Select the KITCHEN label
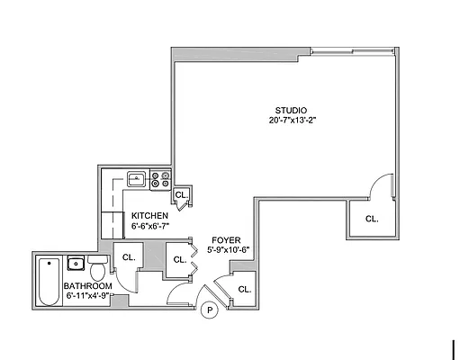coord(149,216)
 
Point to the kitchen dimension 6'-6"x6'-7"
coord(149,227)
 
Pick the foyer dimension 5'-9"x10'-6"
coord(227,250)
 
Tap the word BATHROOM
coord(88,285)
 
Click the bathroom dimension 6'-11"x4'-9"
coord(88,295)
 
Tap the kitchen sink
coord(136,178)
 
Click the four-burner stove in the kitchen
coord(160,179)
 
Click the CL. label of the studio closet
coord(371,219)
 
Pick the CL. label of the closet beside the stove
coord(181,194)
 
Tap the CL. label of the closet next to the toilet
coord(128,257)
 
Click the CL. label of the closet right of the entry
coord(243,288)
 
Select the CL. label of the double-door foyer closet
coord(178,259)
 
